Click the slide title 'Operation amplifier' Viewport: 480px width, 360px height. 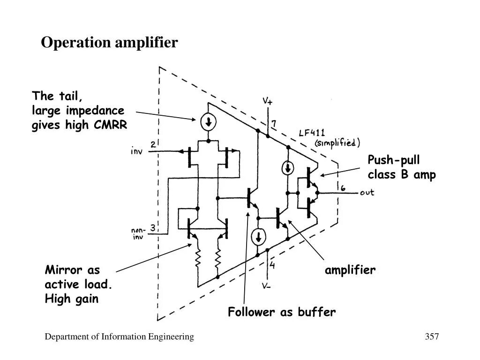click(109, 43)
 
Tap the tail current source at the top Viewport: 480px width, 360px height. click(208, 122)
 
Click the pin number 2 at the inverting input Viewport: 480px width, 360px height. click(153, 145)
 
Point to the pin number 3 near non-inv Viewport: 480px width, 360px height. click(152, 228)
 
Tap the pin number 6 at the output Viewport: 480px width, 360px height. click(343, 188)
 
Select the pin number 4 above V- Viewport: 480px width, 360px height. click(272, 266)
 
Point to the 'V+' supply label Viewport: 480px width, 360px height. click(267, 101)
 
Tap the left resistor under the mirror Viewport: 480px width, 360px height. click(199, 258)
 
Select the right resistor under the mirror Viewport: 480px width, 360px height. click(218, 258)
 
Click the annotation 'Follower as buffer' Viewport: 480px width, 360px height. click(282, 312)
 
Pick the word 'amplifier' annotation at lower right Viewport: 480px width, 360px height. click(350, 270)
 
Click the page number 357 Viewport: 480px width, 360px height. click(431, 337)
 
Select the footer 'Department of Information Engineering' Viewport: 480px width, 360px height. click(120, 337)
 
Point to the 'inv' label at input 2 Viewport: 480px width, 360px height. click(136, 151)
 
